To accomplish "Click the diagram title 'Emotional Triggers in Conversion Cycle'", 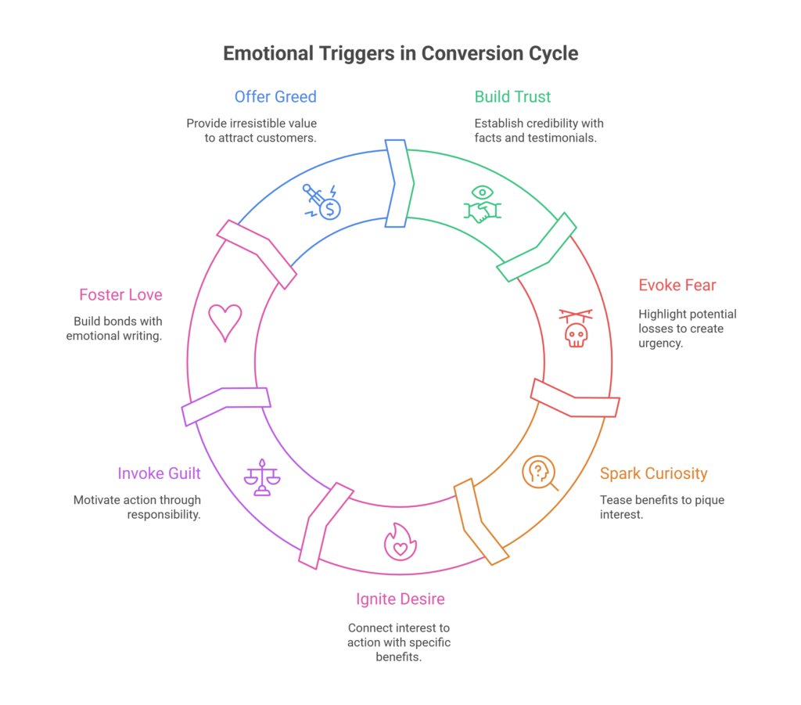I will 400,54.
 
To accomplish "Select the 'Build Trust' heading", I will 512,97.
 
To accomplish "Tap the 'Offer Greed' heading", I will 275,97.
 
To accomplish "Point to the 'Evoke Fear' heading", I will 676,285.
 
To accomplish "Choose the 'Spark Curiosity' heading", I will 653,473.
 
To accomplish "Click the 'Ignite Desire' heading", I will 400,599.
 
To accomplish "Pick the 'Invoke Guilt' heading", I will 159,473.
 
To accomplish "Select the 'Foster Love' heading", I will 120,295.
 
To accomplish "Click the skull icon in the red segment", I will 575,334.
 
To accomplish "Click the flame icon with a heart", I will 399,541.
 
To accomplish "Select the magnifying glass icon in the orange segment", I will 540,473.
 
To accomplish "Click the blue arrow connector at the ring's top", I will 397,184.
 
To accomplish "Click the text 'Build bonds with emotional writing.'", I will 117,329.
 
